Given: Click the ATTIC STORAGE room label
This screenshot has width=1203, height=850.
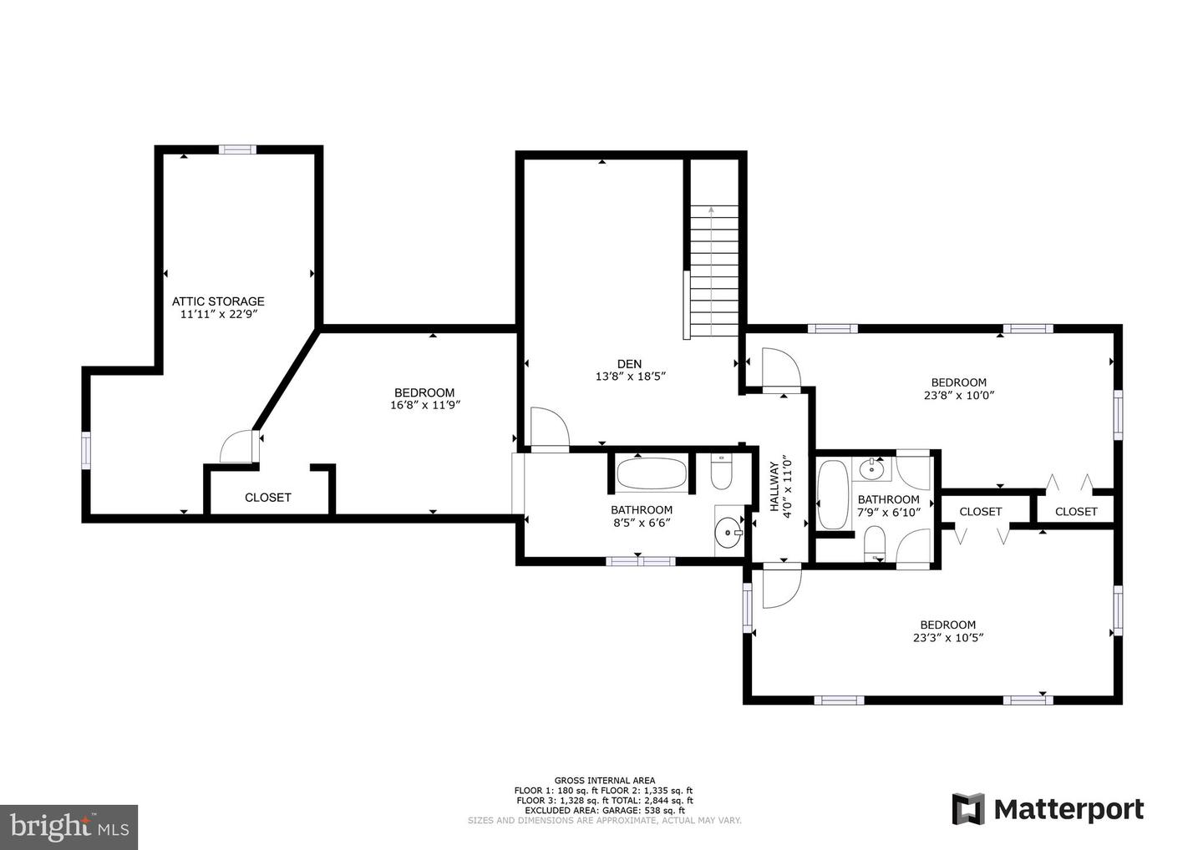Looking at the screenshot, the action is [218, 301].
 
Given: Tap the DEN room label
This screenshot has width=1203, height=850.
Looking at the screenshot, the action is [629, 364].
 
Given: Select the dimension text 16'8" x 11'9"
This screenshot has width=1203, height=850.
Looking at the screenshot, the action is [425, 405].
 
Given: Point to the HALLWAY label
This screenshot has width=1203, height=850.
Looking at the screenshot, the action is [774, 486].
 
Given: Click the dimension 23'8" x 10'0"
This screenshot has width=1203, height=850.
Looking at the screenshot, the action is [959, 396].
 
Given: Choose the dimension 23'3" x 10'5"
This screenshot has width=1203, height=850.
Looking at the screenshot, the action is [948, 638].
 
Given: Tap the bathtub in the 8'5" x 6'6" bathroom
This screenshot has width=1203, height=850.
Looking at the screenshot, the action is [652, 473].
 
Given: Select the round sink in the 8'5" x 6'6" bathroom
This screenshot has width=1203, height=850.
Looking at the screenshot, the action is [730, 533].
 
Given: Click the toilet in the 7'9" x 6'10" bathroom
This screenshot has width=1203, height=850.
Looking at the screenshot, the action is [876, 543].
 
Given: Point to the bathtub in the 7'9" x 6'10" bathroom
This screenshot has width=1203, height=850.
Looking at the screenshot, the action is [833, 494].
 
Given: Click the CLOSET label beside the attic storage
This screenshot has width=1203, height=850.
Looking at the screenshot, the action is [268, 498].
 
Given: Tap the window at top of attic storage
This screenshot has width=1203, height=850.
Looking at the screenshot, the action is [237, 149].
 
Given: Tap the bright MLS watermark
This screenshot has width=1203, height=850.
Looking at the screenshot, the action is [69, 827].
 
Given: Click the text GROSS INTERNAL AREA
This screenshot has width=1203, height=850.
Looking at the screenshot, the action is [605, 780].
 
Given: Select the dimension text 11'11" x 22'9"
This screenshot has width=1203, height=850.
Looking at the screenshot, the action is [220, 315].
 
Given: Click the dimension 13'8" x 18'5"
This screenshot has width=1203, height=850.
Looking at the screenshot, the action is [631, 377].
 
